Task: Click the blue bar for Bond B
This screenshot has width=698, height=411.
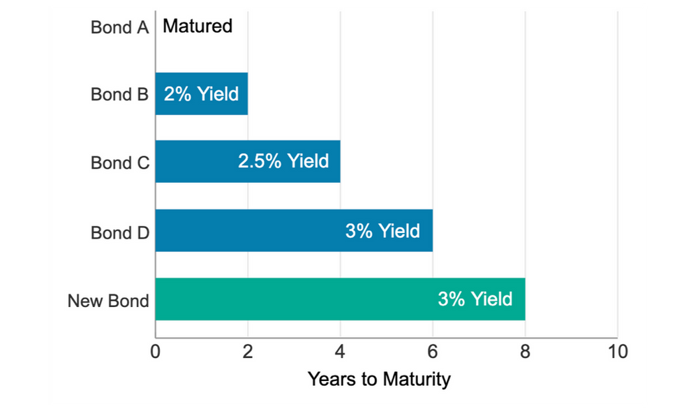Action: [x=201, y=94]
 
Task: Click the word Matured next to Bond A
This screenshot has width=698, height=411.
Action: [x=198, y=27]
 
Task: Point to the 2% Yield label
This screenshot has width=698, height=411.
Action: [x=201, y=94]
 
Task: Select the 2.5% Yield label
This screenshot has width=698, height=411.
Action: [x=283, y=161]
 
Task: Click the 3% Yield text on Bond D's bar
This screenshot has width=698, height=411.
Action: [x=383, y=230]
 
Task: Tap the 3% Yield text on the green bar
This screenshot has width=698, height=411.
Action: [x=475, y=299]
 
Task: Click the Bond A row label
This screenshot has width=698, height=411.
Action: [x=120, y=27]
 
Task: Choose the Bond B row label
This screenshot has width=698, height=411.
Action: [x=120, y=94]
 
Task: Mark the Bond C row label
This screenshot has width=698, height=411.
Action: [x=120, y=163]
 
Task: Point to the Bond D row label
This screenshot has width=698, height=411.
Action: [x=120, y=232]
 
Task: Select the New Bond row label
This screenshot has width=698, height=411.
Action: [x=108, y=301]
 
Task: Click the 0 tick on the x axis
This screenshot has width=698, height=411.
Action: [x=156, y=351]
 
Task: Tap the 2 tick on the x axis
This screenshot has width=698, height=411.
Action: [x=248, y=351]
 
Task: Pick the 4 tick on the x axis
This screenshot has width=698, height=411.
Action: [x=340, y=351]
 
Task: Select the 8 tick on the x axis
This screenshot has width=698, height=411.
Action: [x=525, y=351]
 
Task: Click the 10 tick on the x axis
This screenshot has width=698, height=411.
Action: [x=617, y=351]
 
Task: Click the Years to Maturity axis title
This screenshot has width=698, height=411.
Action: [x=379, y=380]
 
